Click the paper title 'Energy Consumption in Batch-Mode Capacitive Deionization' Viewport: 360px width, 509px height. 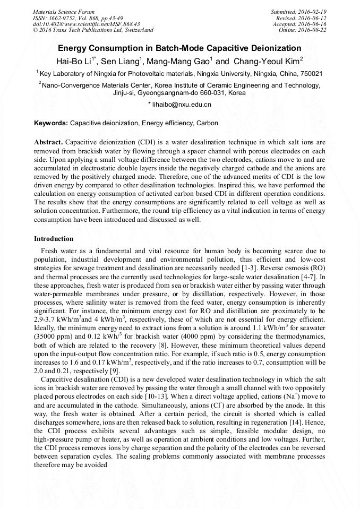point(179,48)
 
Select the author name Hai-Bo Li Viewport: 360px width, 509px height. point(75,61)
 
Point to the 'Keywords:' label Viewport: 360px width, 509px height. point(51,123)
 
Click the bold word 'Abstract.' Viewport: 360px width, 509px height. point(48,143)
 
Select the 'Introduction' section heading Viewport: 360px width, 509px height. point(54,239)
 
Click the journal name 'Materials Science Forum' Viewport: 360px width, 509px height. point(64,12)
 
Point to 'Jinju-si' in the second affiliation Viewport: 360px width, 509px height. point(125,92)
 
